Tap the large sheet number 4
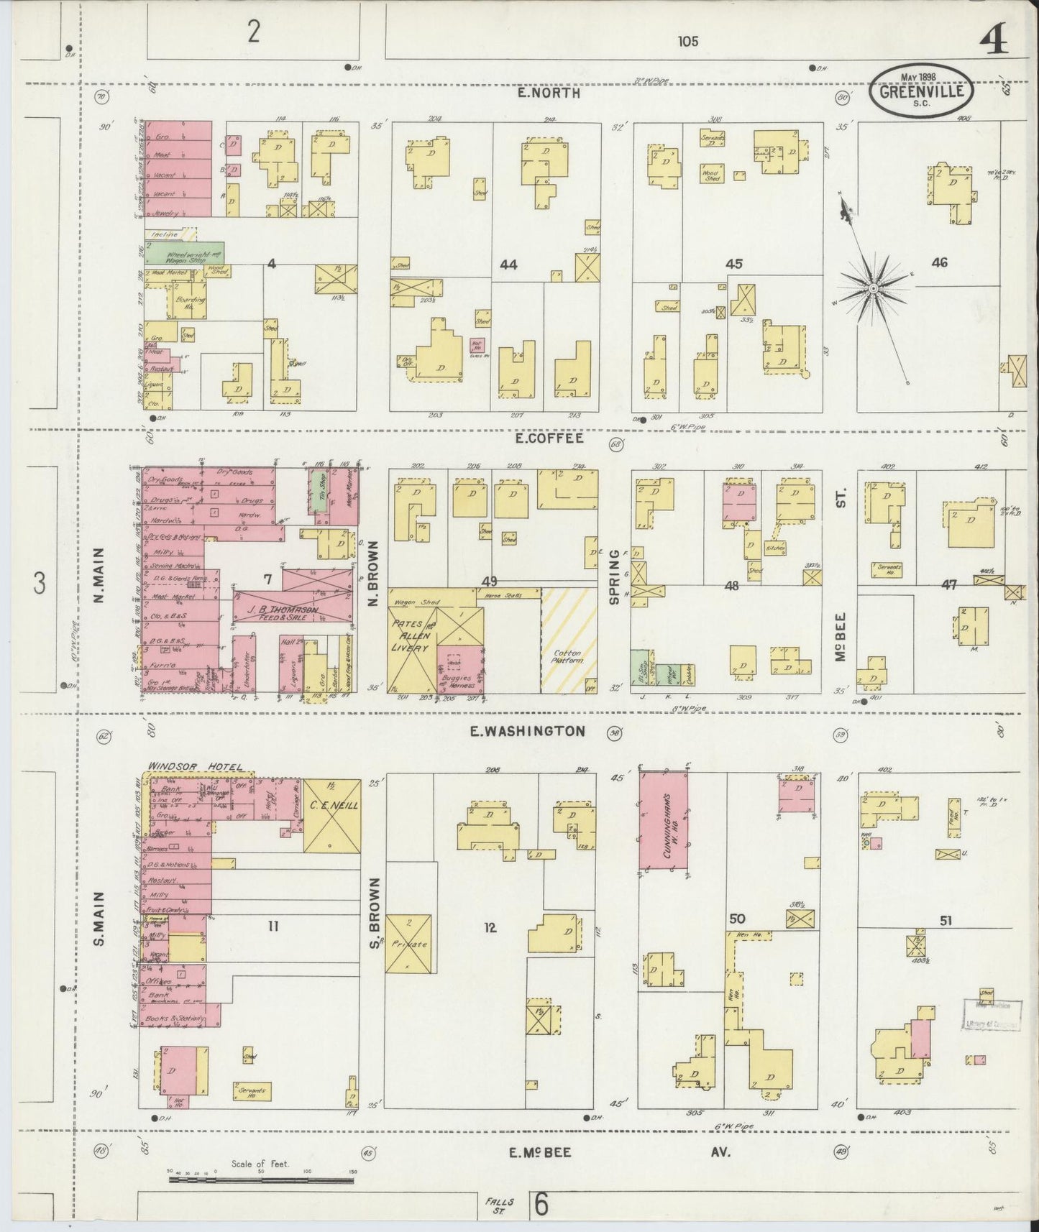click(x=993, y=41)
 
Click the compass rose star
click(x=872, y=288)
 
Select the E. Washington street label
click(x=527, y=731)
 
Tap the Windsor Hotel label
click(x=195, y=766)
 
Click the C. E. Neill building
click(x=331, y=816)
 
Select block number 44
click(x=508, y=265)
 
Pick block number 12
click(x=490, y=928)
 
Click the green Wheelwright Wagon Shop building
click(x=184, y=252)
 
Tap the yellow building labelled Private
click(x=408, y=944)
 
